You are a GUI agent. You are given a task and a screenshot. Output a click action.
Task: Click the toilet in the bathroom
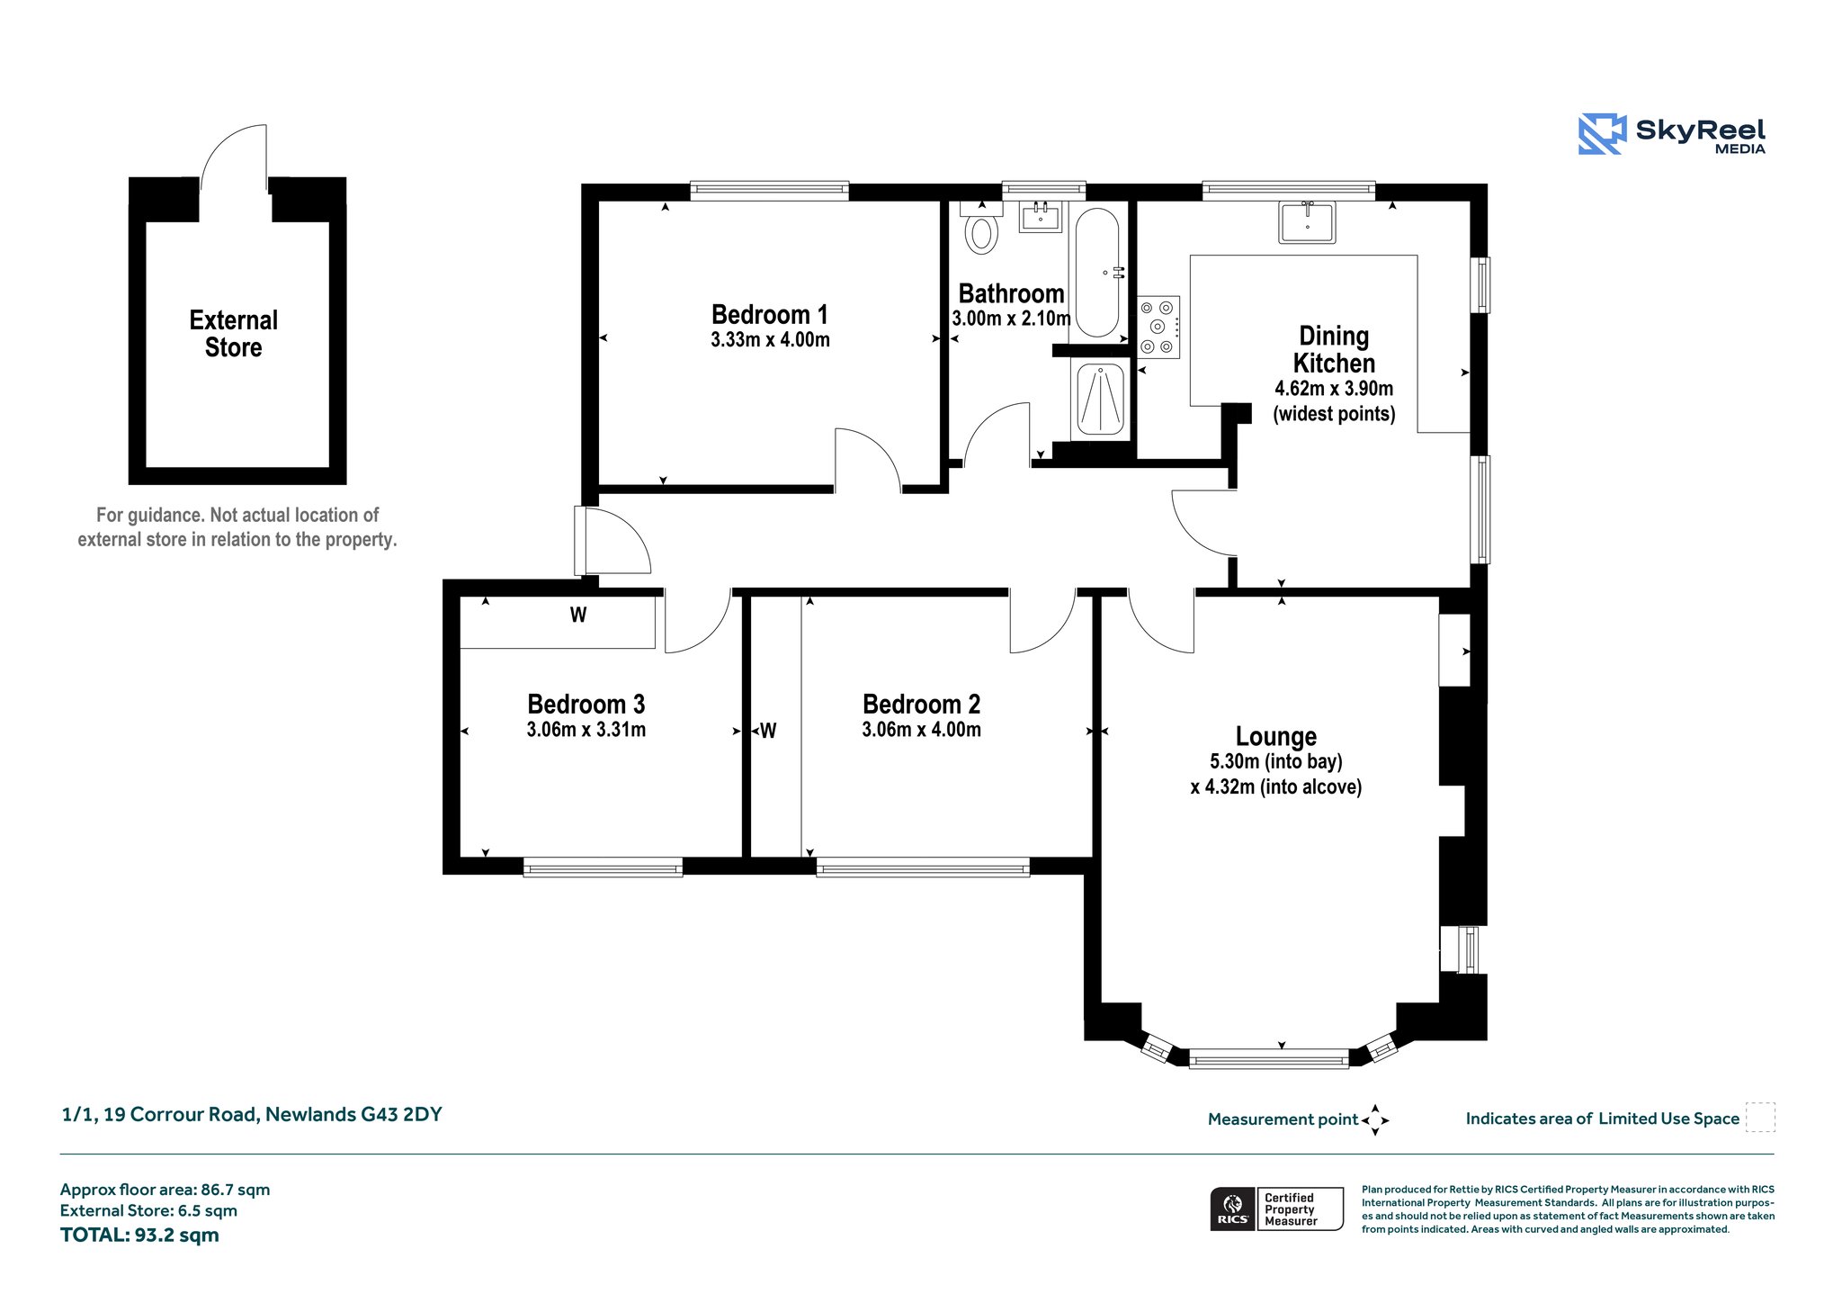(x=981, y=228)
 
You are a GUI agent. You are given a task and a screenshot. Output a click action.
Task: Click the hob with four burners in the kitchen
(x=1158, y=328)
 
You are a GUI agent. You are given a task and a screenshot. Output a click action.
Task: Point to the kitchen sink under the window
(x=1307, y=221)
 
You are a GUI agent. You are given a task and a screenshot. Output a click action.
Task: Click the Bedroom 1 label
(x=770, y=314)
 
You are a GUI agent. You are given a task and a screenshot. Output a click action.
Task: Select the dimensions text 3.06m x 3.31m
(x=586, y=730)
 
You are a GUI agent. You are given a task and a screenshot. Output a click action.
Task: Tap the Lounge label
(x=1276, y=736)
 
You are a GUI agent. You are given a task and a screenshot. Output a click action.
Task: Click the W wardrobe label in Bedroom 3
(x=578, y=615)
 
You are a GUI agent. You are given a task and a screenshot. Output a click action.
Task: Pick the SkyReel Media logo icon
(x=1602, y=134)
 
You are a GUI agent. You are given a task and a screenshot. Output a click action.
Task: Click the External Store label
(x=234, y=334)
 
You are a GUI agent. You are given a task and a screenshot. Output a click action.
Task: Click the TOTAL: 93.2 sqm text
(x=139, y=1235)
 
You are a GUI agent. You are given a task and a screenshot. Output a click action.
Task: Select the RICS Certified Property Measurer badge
(x=1277, y=1209)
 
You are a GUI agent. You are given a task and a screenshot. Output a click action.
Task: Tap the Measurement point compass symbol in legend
(x=1375, y=1120)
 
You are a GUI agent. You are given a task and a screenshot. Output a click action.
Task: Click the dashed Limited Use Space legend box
(x=1760, y=1118)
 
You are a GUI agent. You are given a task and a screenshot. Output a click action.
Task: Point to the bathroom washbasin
(x=1042, y=216)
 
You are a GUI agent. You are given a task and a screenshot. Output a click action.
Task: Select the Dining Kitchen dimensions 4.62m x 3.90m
(x=1334, y=389)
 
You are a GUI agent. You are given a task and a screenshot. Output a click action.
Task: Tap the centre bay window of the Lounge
(x=1269, y=1058)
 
